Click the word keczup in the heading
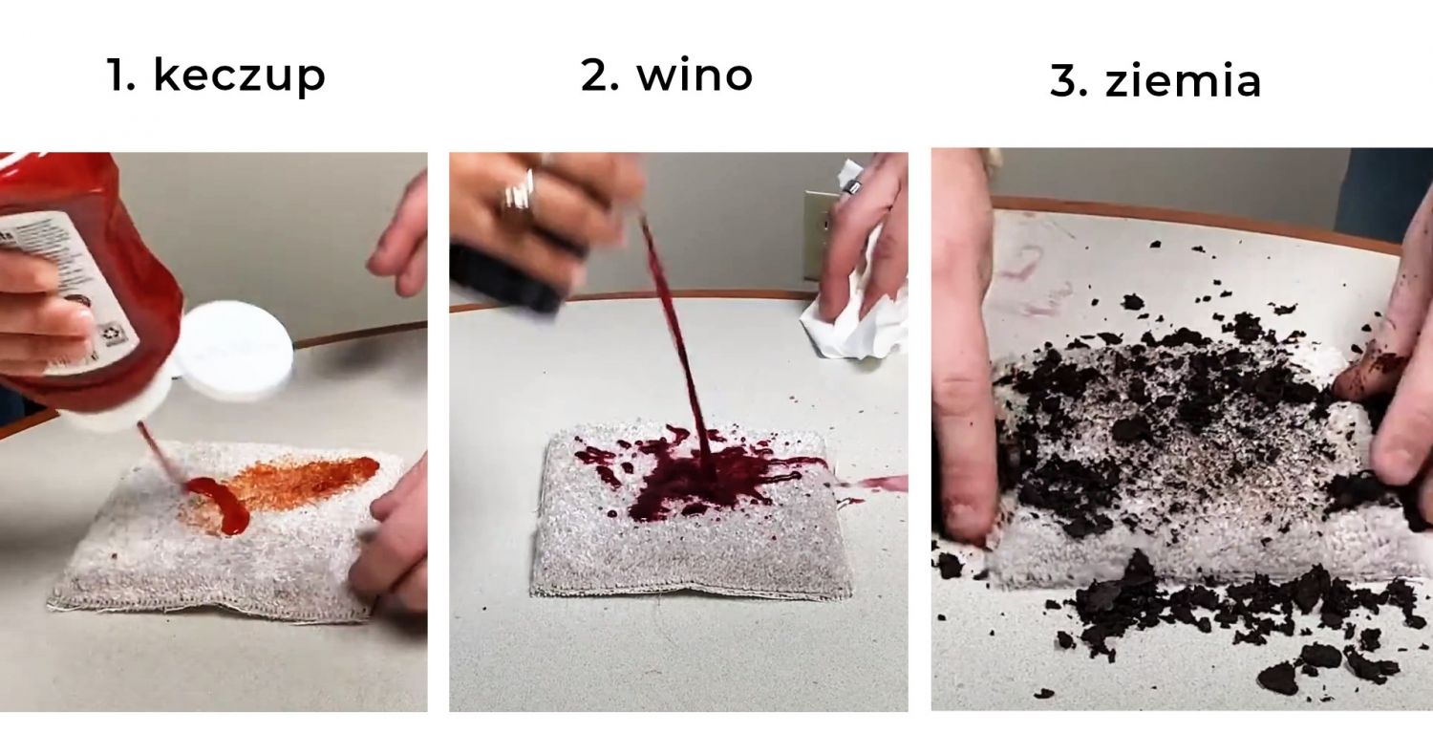[239, 76]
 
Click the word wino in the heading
[695, 75]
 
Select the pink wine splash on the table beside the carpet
[873, 484]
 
